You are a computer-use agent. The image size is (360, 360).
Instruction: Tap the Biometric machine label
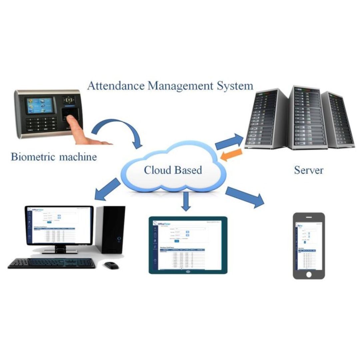click(x=54, y=156)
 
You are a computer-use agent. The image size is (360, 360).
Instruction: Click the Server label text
click(x=308, y=170)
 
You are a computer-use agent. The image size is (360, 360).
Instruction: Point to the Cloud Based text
click(x=173, y=170)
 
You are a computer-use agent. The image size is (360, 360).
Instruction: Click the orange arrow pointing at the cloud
click(x=231, y=154)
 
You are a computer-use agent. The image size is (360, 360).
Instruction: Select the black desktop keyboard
click(x=52, y=263)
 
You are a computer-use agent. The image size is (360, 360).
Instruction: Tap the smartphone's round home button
click(x=309, y=274)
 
